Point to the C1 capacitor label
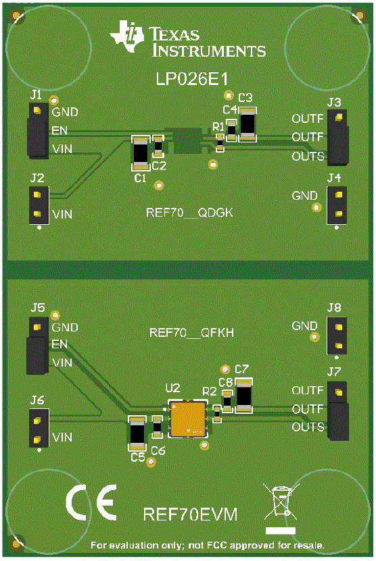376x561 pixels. pos(140,178)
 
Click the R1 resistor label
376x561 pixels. pos(218,126)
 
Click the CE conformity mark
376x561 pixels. pos(91,500)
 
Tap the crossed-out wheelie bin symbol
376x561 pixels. pos(281,502)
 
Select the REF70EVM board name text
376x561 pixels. pos(190,514)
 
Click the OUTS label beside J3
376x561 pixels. pos(308,157)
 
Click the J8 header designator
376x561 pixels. pos(334,307)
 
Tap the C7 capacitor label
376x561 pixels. pos(241,369)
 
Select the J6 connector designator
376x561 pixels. pos(37,401)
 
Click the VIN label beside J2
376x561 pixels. pos(62,215)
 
